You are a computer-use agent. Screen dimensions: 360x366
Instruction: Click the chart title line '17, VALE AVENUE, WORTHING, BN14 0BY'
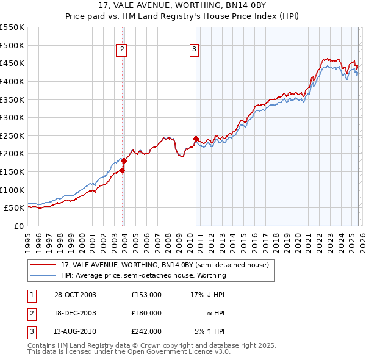tap(183, 5)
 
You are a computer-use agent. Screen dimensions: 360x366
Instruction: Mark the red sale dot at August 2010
tap(196, 139)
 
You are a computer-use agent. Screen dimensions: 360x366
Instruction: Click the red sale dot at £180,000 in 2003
tap(123, 160)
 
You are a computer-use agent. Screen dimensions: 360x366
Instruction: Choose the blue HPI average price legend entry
tap(143, 275)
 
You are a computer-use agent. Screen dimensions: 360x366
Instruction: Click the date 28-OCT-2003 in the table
tap(75, 295)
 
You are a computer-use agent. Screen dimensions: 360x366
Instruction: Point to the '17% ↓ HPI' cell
tap(208, 295)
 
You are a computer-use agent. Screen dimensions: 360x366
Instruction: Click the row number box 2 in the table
tap(32, 313)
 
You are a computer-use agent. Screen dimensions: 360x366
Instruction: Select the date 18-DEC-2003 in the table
tap(75, 313)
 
